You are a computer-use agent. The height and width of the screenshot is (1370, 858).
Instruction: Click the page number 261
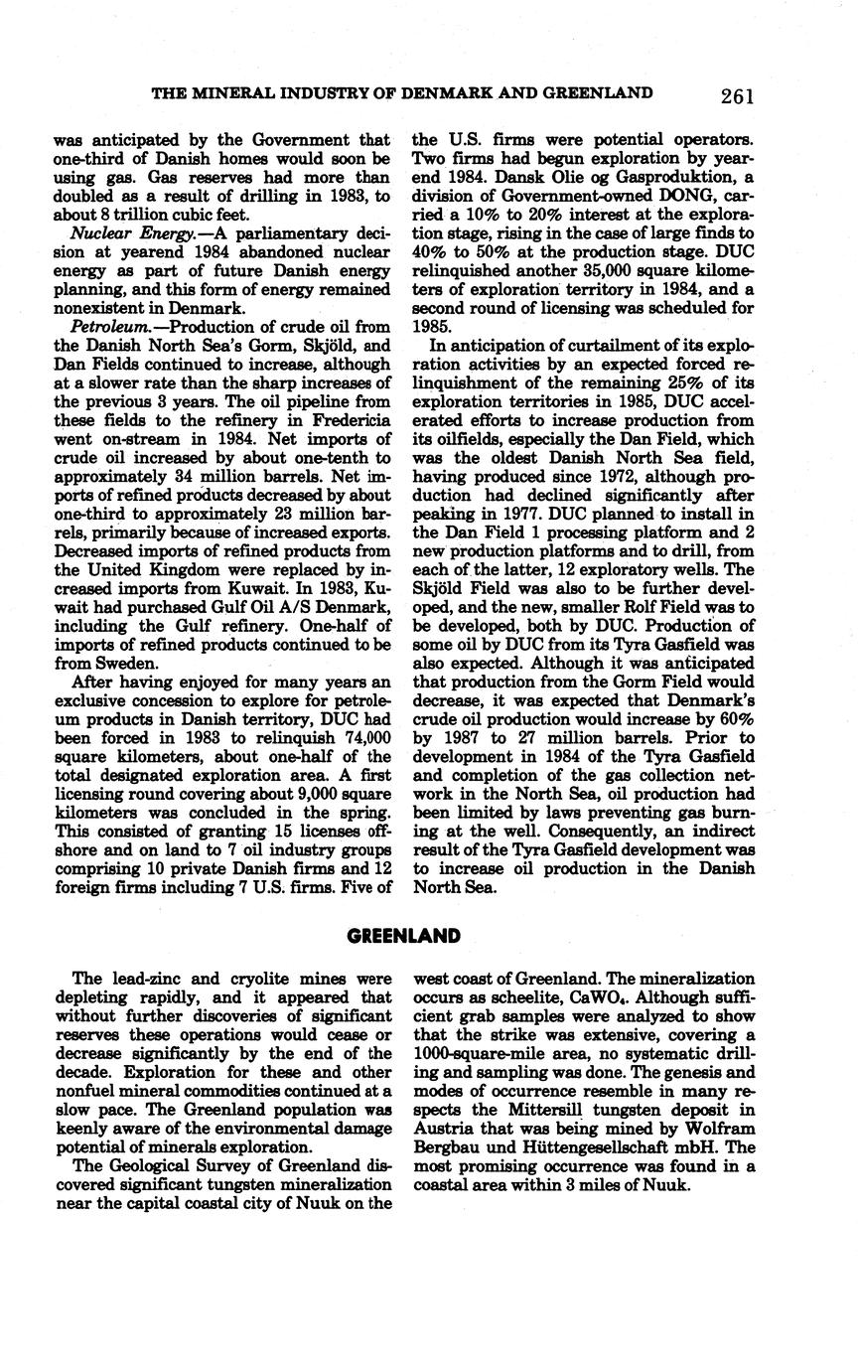[x=737, y=95]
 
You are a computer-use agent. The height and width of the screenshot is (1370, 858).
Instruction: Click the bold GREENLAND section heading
[x=404, y=936]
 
